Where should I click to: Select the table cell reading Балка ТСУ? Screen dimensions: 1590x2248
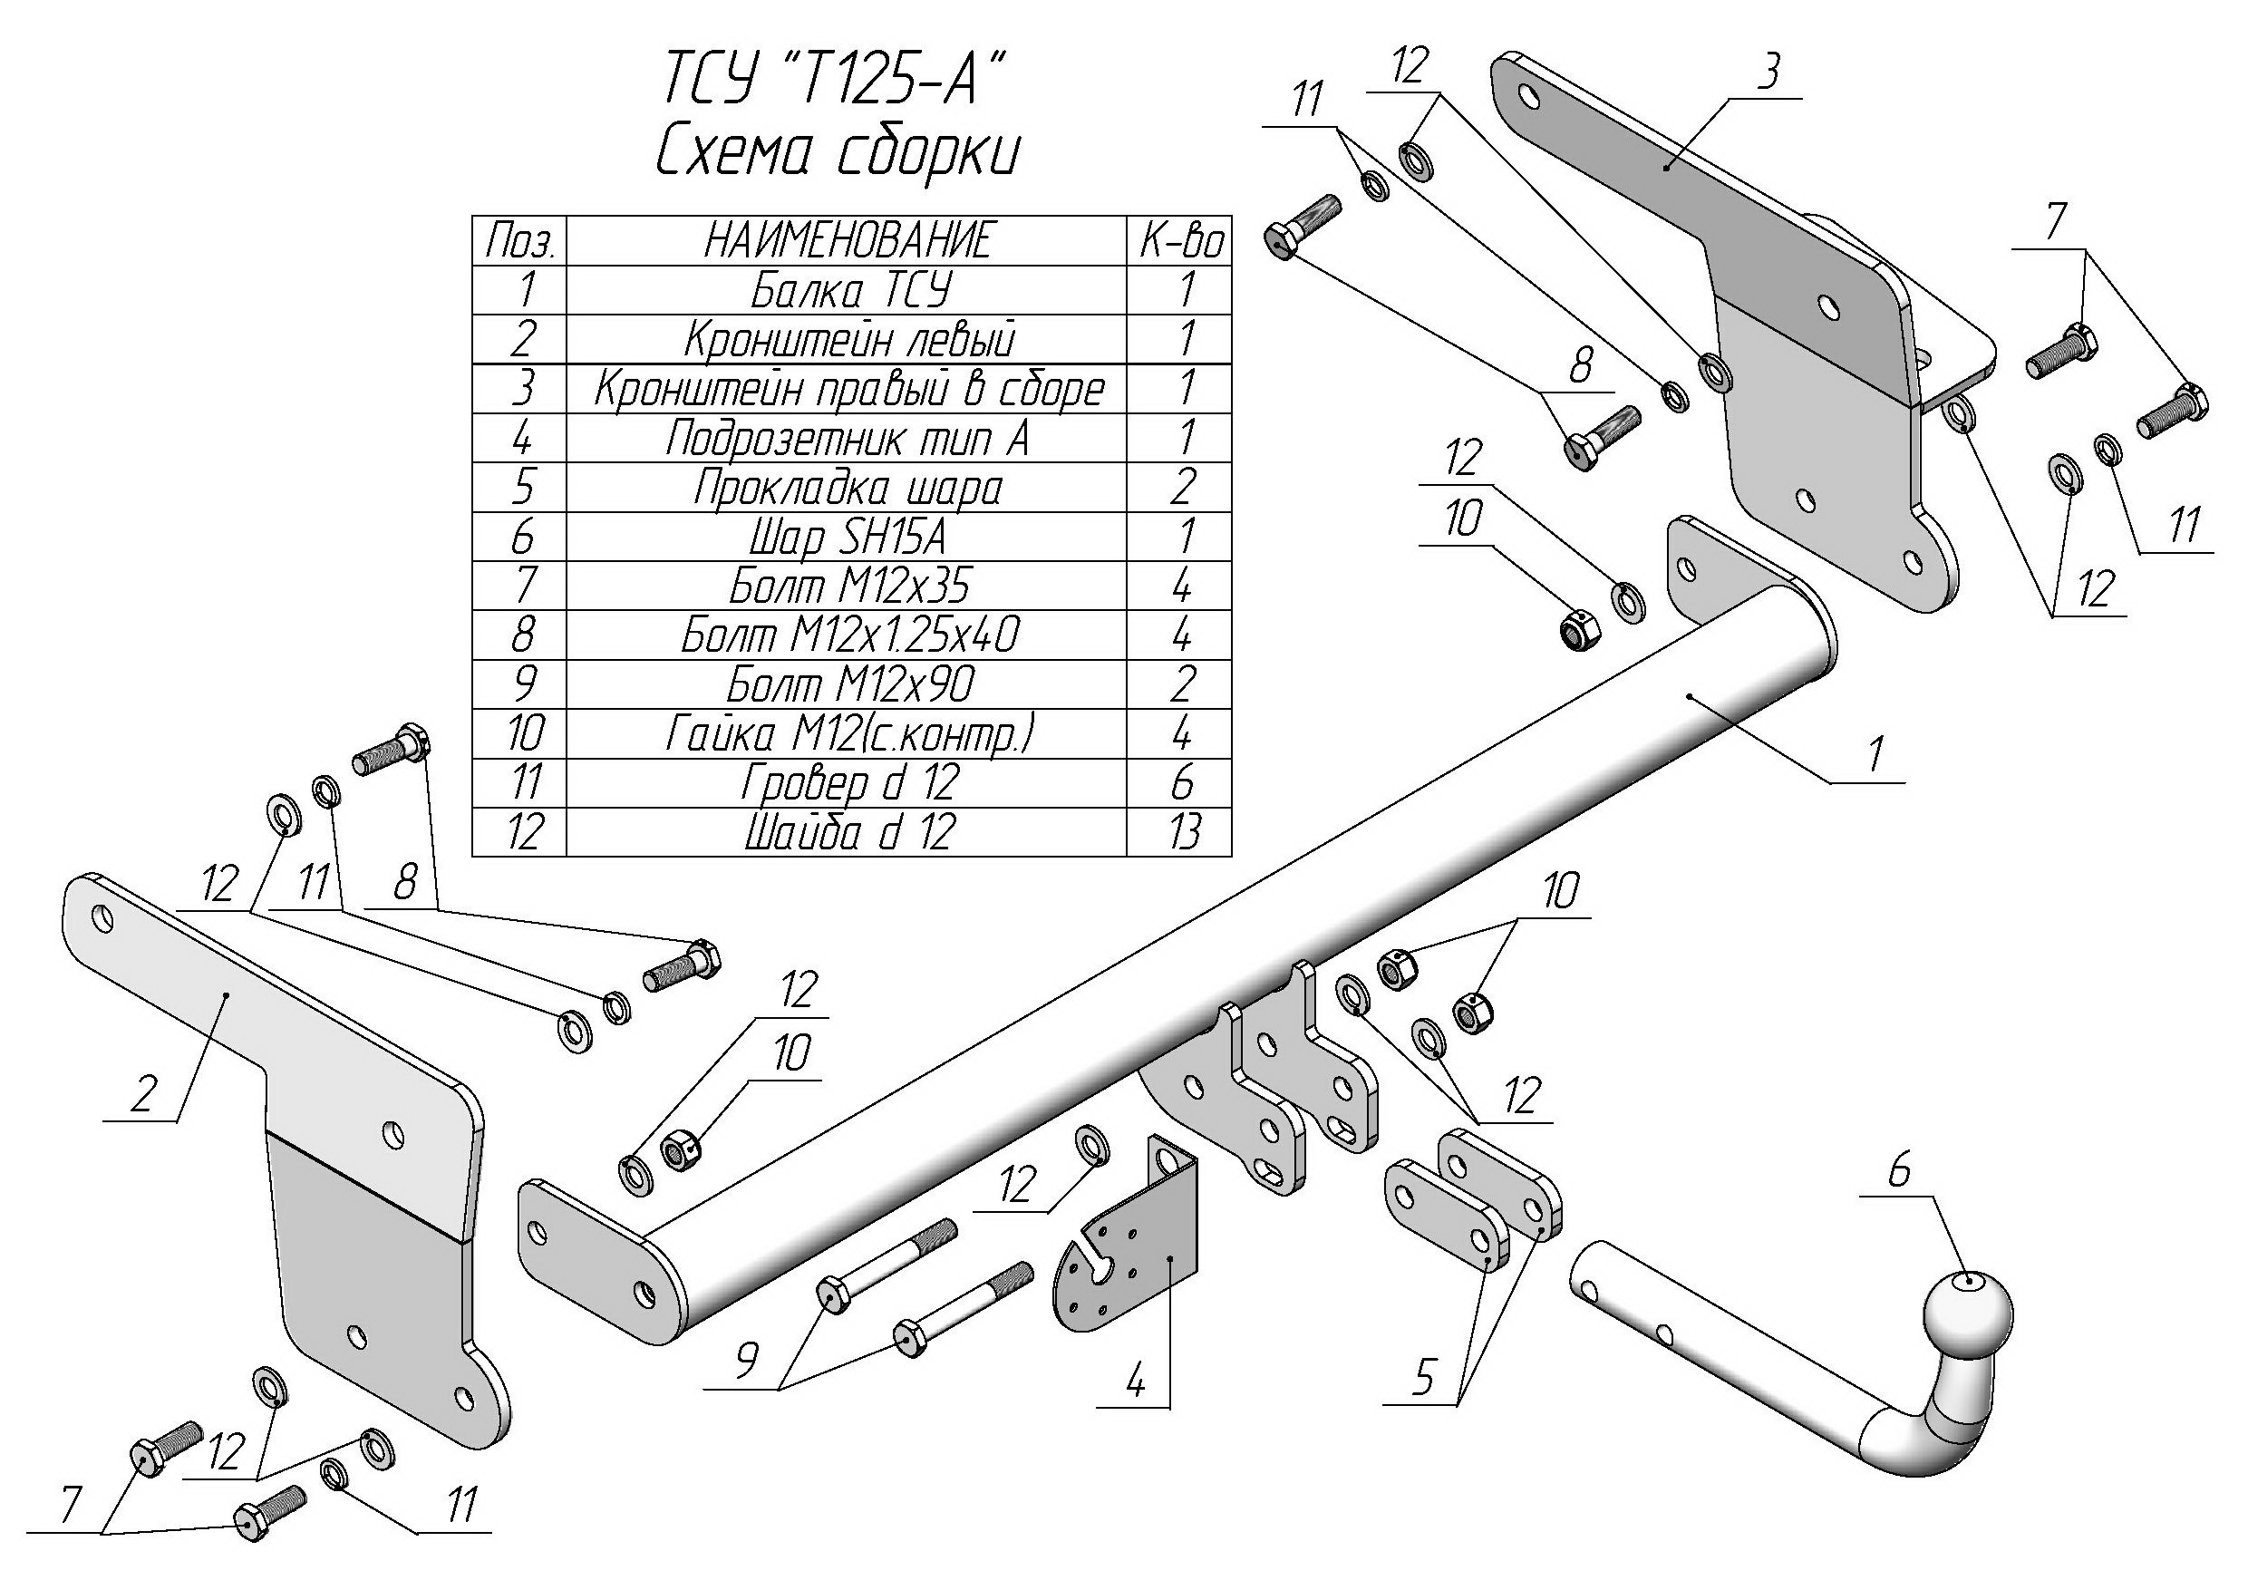pos(848,291)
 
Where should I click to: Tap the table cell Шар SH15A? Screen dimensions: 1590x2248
pos(848,537)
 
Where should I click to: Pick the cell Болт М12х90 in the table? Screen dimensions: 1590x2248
pos(848,684)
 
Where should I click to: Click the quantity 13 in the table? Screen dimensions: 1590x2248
pos(1181,832)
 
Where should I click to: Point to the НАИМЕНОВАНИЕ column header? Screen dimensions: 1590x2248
pos(848,241)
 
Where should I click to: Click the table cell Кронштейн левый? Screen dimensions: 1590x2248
pos(848,340)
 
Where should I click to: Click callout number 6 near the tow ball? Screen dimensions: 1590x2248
pos(1898,1170)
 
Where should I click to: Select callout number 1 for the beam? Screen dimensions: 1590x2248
pos(1874,755)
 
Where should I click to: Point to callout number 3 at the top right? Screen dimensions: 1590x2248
pos(1768,73)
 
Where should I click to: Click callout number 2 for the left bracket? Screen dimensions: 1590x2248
pos(143,1093)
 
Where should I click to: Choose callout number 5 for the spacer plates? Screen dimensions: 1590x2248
pos(1421,1380)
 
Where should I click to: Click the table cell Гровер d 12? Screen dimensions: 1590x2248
pos(848,783)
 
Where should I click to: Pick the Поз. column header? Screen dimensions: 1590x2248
pos(521,241)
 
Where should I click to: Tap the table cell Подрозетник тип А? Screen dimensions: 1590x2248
pos(848,439)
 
